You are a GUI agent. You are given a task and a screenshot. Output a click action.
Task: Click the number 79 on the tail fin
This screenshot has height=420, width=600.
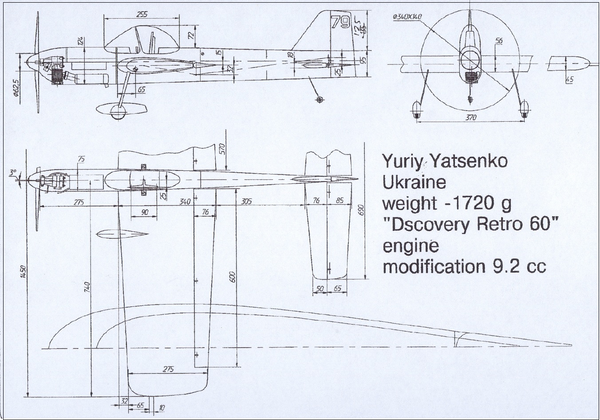[x=341, y=22]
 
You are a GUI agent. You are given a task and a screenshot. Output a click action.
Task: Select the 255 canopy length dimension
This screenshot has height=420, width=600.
[x=142, y=14]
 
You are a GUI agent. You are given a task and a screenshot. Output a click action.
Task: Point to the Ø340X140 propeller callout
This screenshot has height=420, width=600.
[x=407, y=17]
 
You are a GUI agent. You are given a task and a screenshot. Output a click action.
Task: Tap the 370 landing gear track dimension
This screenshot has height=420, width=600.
[x=471, y=117]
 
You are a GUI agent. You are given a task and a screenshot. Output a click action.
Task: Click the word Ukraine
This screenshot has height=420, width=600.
[x=414, y=182]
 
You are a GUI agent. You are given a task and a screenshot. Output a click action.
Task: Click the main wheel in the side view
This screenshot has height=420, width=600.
[x=118, y=112]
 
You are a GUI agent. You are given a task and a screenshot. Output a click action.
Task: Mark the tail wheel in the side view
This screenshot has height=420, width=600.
[x=319, y=99]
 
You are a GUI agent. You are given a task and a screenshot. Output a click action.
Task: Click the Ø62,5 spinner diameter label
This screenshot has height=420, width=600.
[x=15, y=87]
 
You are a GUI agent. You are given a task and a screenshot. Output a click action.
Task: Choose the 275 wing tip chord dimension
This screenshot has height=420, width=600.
[x=168, y=369]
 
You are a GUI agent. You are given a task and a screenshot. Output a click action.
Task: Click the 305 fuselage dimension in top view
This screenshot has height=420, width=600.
[x=246, y=201]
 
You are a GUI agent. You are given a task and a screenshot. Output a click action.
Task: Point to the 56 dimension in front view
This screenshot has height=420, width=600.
[x=498, y=41]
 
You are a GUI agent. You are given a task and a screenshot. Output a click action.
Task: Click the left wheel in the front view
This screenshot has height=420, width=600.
[x=416, y=110]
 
